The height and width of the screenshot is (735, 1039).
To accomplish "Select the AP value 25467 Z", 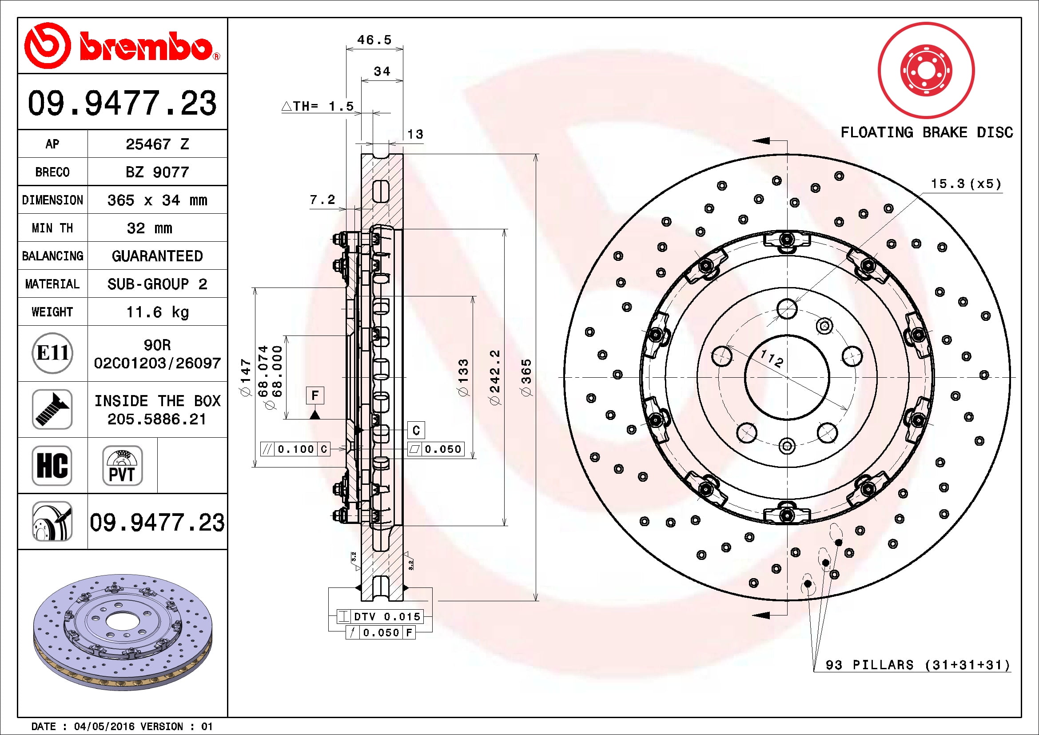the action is point(157,144).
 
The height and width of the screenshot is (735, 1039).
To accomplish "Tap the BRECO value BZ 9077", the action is point(157,172).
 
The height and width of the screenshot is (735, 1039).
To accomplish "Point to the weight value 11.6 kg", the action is point(157,312).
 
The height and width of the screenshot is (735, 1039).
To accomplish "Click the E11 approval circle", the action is point(52,353).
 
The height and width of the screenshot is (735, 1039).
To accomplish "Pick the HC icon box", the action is point(52,465).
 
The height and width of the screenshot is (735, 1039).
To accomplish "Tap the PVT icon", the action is point(122,465).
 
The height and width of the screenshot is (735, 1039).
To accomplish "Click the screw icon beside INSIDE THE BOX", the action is point(52,409).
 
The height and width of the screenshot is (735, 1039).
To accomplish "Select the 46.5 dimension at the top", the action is point(374,40).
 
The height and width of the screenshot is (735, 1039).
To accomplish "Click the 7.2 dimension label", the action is point(322,200).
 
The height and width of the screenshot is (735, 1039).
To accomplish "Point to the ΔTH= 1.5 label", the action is point(317,106).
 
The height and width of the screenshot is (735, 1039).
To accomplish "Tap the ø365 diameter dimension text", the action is point(526,378).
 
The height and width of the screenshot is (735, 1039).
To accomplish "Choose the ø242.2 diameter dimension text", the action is point(494,377).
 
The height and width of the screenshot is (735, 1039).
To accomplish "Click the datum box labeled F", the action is point(315,395).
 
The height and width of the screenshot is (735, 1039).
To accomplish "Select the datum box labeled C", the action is point(416,430).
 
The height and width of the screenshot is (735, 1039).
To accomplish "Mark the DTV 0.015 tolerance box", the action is point(380,616).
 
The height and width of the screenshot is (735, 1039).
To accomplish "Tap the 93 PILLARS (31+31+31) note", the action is point(918,665).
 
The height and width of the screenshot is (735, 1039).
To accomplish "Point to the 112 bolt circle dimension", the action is point(772,359).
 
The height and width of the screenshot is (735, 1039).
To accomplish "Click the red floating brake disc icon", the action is point(926,71).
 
